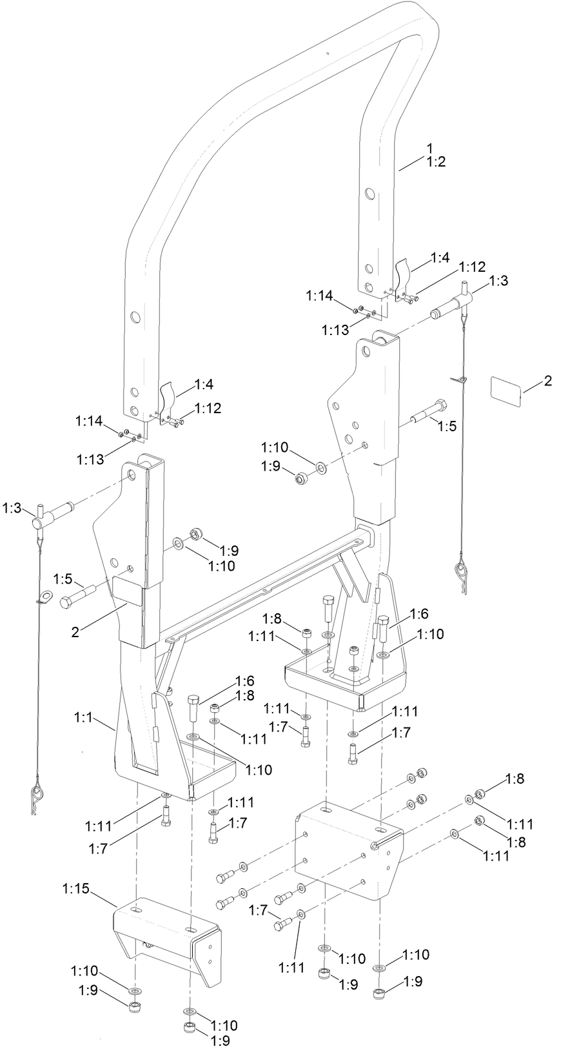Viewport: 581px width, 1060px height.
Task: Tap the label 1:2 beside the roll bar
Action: [x=436, y=162]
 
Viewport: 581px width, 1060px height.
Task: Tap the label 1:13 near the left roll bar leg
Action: [x=90, y=459]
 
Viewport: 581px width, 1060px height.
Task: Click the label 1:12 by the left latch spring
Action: [x=207, y=408]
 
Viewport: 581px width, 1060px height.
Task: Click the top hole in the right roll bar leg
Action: [x=369, y=193]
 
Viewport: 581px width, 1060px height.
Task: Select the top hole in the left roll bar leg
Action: [x=135, y=317]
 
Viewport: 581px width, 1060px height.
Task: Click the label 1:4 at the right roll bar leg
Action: [x=439, y=258]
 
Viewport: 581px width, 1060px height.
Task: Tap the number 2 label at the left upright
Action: [x=75, y=632]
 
